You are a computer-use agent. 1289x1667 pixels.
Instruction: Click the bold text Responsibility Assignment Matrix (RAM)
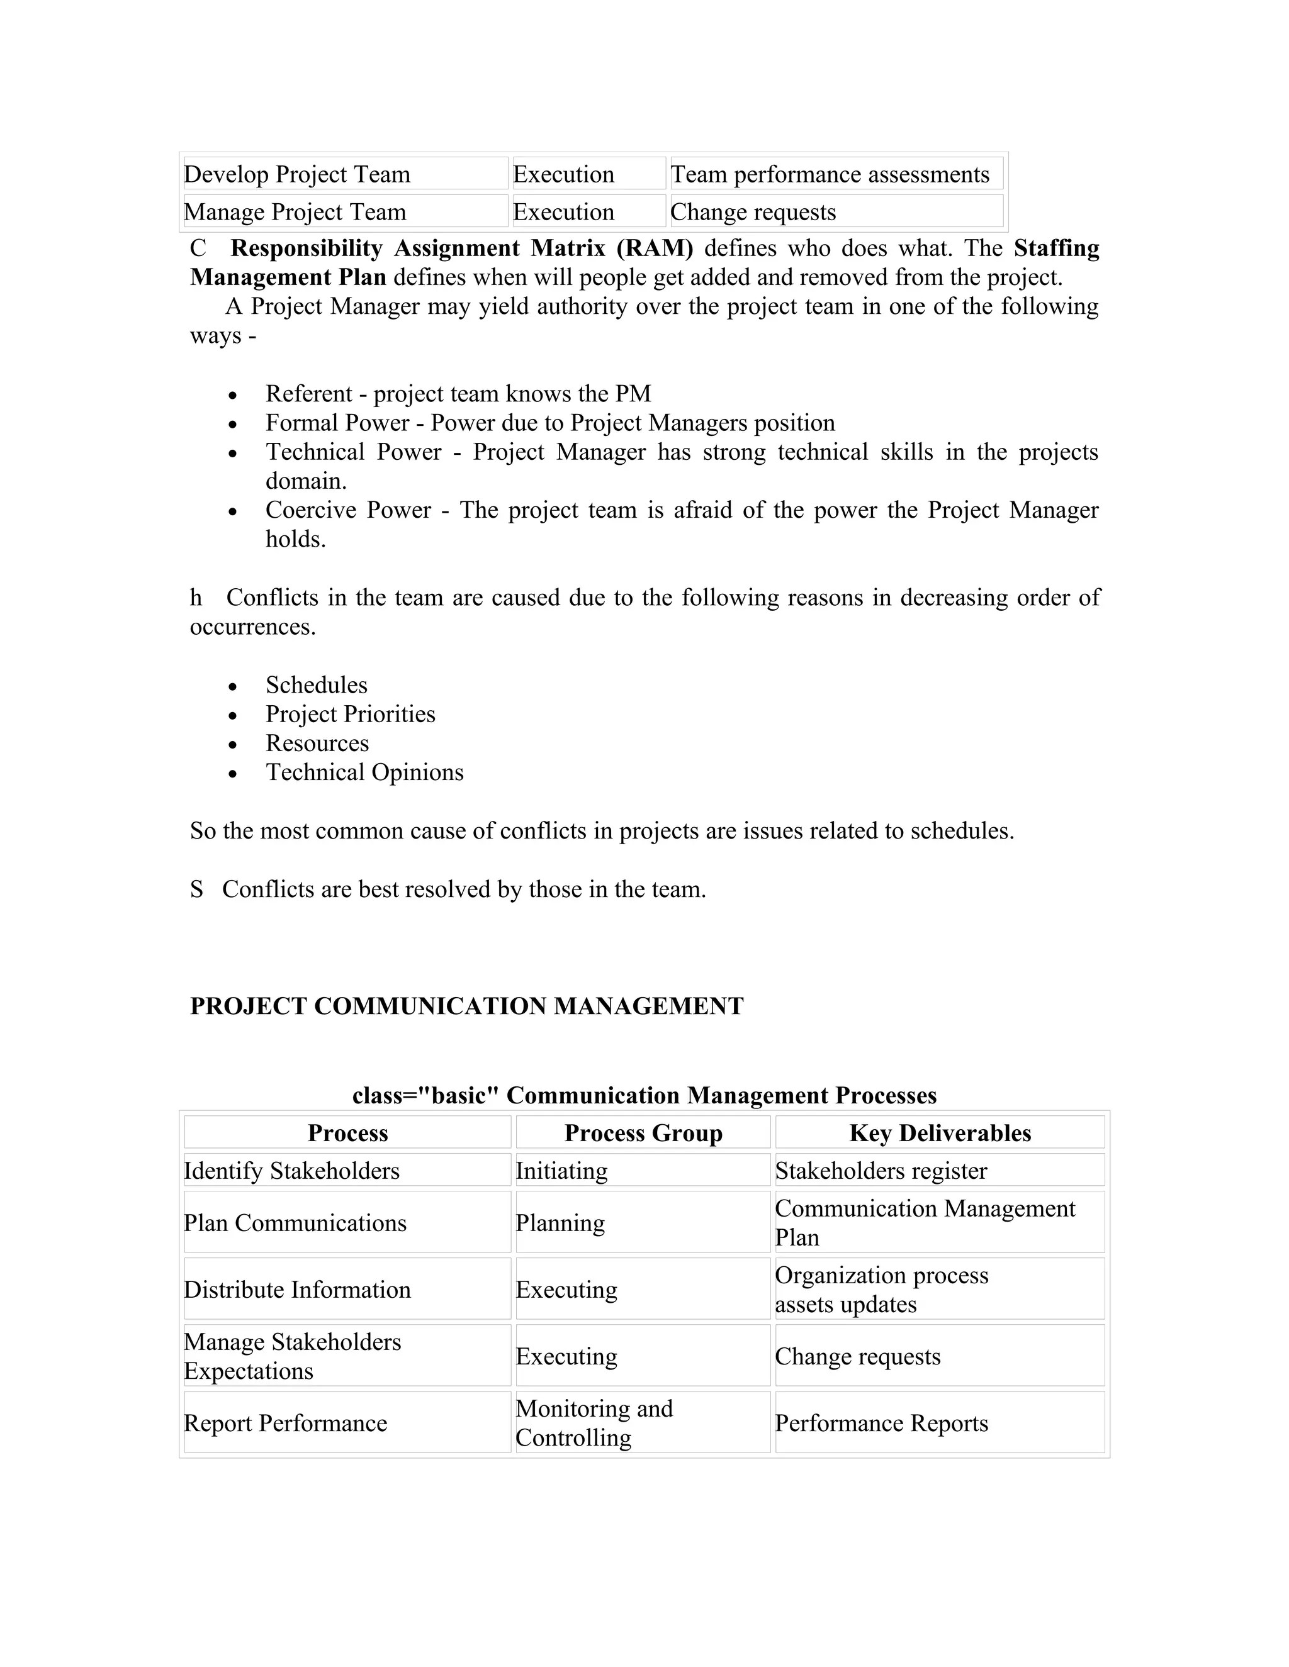click(461, 248)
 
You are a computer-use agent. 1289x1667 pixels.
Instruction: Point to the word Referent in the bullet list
click(308, 394)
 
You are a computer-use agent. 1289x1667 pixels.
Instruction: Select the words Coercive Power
click(347, 510)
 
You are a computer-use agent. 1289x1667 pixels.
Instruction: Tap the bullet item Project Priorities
click(350, 714)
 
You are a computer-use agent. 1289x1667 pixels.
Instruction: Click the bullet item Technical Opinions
click(364, 772)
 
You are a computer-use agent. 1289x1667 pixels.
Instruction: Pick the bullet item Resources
click(317, 744)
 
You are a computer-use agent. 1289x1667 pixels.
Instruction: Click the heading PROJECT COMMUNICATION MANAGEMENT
click(466, 1006)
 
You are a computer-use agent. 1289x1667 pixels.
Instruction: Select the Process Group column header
click(643, 1133)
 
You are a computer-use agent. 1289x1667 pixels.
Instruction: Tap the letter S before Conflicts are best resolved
click(197, 889)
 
